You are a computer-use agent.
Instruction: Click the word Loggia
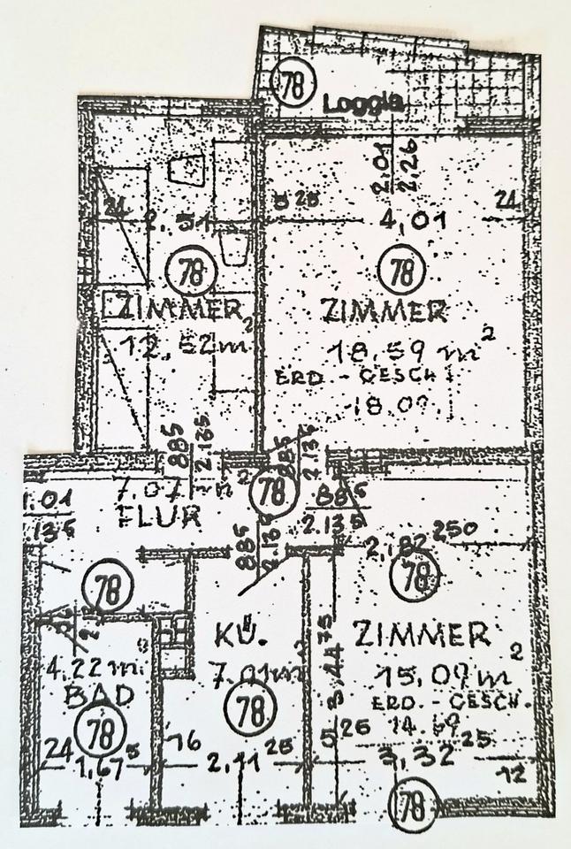click(x=363, y=103)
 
